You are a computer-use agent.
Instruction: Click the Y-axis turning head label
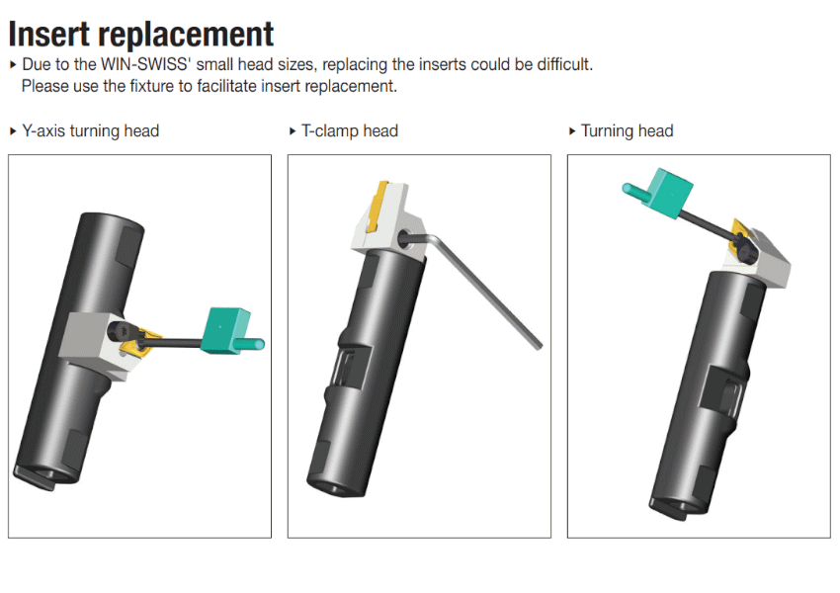91,131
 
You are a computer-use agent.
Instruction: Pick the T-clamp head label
350,131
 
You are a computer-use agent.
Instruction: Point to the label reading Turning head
628,131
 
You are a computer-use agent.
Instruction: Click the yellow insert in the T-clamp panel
378,208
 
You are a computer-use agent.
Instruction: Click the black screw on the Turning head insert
746,252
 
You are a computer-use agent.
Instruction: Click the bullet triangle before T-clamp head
293,131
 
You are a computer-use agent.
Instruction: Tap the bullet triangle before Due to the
14,65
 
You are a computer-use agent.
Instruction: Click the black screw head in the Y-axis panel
119,330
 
